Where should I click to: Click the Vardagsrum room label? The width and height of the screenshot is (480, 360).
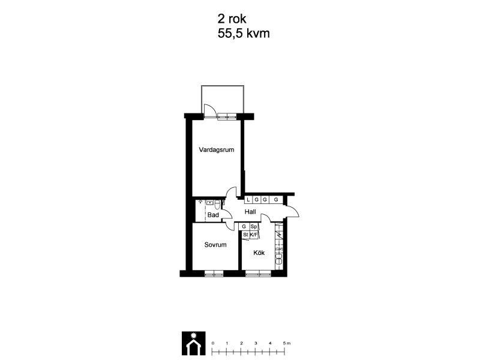pyautogui.click(x=217, y=149)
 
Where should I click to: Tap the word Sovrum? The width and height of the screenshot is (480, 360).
pyautogui.click(x=215, y=245)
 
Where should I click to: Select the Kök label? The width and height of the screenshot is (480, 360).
pyautogui.click(x=259, y=253)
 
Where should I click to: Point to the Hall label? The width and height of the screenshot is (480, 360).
pyautogui.click(x=250, y=212)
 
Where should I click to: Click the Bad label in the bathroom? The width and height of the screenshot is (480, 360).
pyautogui.click(x=213, y=215)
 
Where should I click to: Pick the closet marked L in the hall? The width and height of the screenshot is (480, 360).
pyautogui.click(x=248, y=200)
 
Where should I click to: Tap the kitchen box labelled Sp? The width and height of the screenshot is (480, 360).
pyautogui.click(x=253, y=227)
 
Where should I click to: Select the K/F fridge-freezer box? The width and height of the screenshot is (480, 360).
pyautogui.click(x=254, y=235)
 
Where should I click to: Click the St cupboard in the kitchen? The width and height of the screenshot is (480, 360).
pyautogui.click(x=245, y=235)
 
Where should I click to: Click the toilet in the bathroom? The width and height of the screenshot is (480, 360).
pyautogui.click(x=217, y=204)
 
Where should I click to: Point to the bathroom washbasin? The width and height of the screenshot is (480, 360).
pyautogui.click(x=209, y=203)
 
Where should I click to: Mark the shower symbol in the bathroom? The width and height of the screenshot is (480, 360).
pyautogui.click(x=200, y=202)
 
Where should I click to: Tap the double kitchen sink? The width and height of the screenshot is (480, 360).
pyautogui.click(x=279, y=257)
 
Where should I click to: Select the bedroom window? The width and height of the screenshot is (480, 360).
pyautogui.click(x=214, y=274)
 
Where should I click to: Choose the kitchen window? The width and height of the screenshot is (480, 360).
pyautogui.click(x=259, y=274)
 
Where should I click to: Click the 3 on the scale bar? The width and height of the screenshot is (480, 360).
pyautogui.click(x=256, y=343)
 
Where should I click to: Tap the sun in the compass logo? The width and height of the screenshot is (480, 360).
pyautogui.click(x=193, y=335)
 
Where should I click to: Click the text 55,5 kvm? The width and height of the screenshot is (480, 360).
pyautogui.click(x=244, y=34)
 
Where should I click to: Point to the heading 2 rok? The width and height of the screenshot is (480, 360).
pyautogui.click(x=232, y=19)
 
